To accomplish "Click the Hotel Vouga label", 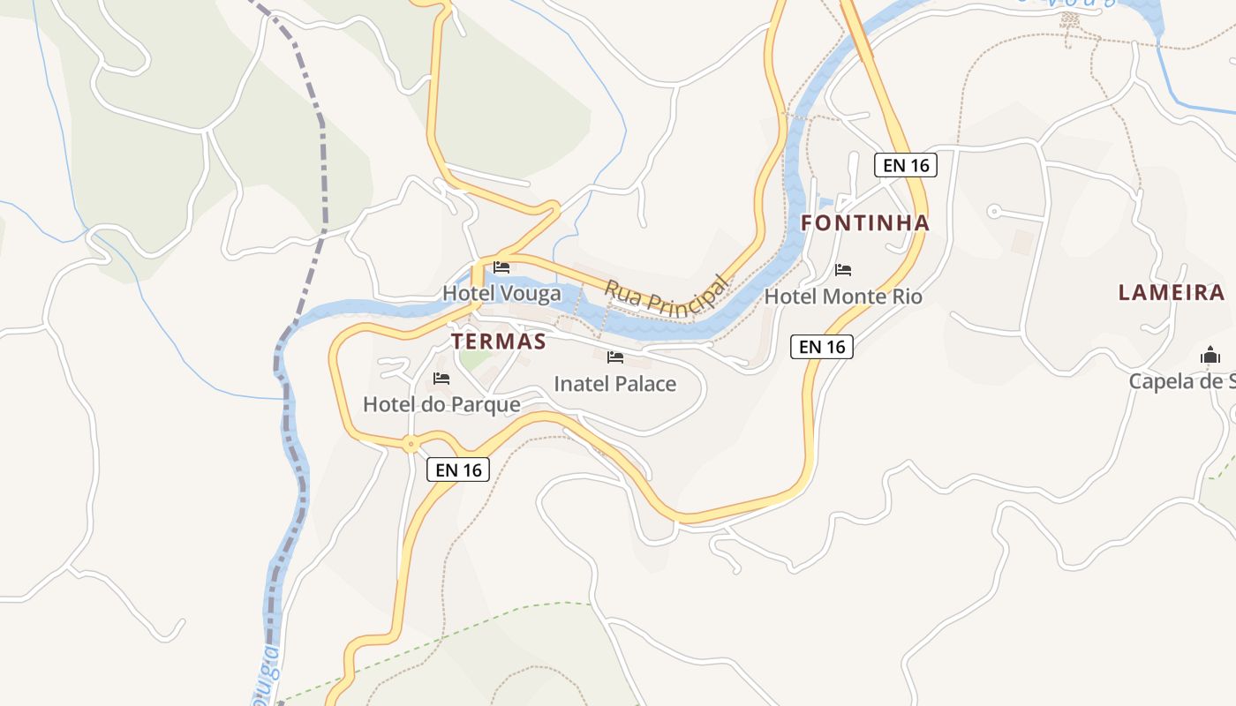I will coord(501,293).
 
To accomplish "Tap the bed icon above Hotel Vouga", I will coord(501,267).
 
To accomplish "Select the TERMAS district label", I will coord(499,342).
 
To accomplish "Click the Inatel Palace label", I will coord(614,384).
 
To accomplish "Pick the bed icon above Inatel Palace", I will coord(615,357).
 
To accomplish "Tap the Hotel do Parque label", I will coord(441,404).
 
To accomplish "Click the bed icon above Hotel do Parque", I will coord(441,379).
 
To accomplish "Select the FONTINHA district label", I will coord(865,223).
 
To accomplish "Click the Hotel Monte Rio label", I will coord(843,297).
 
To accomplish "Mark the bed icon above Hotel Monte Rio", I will coord(843,270).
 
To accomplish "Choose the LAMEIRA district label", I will coord(1172,293).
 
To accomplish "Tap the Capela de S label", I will coord(1182,381).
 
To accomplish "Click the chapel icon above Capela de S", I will coord(1210,356).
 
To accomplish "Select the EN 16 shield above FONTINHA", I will coord(905,164).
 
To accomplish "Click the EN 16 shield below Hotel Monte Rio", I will coord(822,347).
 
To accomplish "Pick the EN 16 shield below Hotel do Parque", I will coord(459,469).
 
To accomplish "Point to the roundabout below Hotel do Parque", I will coord(411,444).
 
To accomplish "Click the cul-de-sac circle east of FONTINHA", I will coord(994,211).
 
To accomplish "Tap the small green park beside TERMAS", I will coord(474,359).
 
